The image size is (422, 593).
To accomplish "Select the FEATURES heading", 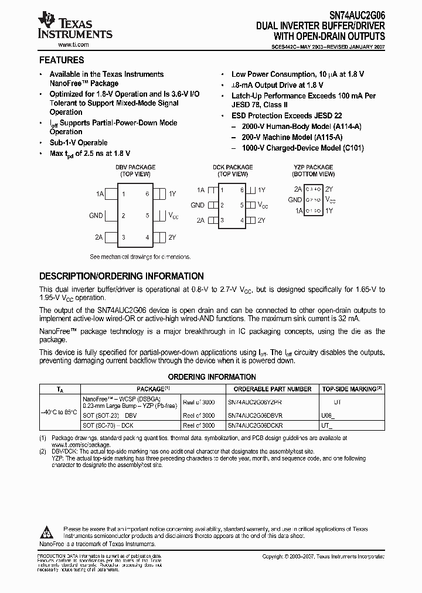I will (62, 60).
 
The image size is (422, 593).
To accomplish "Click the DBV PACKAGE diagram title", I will (135, 168).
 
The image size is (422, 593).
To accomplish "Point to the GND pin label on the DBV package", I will (96, 216).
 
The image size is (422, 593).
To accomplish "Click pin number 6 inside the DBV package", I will (148, 194).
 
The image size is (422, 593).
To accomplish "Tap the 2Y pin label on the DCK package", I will (261, 220).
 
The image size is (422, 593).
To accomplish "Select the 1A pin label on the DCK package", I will (200, 190).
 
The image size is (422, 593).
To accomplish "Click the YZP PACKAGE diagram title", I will (313, 168).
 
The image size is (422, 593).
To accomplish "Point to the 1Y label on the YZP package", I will (329, 210).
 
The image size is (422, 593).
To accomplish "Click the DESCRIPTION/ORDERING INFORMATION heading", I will (121, 276).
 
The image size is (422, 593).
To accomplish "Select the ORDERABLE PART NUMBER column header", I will (273, 388).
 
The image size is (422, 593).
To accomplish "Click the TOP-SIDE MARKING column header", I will (352, 388).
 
